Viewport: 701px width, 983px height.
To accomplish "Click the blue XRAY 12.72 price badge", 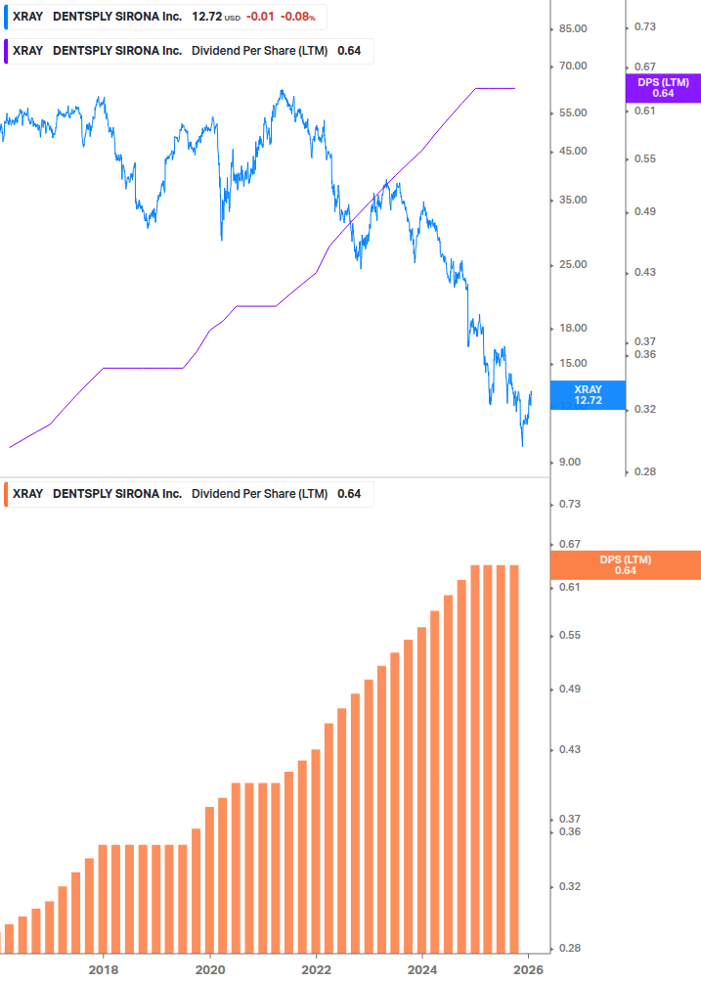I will [588, 395].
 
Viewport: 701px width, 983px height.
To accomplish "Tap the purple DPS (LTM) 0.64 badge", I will [662, 88].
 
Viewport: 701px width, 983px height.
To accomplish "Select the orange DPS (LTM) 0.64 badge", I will [625, 565].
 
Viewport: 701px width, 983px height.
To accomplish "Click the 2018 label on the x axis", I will [104, 970].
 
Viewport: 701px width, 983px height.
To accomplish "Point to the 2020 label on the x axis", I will [210, 970].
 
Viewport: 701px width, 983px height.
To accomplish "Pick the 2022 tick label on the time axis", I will [316, 970].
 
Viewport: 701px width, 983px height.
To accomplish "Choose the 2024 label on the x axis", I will [422, 970].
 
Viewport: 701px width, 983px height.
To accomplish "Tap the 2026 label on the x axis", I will [528, 970].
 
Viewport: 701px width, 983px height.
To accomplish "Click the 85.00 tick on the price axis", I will [572, 29].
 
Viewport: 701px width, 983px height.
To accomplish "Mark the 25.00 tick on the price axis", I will [572, 265].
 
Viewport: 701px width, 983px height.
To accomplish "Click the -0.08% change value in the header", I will [299, 17].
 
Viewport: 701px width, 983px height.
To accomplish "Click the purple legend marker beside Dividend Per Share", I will [6, 51].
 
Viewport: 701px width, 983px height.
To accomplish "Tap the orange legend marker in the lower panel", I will [6, 494].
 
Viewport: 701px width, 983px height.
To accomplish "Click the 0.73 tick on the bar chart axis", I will [568, 505].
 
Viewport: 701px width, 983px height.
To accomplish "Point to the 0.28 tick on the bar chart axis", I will [568, 949].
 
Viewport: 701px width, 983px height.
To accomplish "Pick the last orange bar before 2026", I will [512, 758].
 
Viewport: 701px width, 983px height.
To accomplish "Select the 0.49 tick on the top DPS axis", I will [644, 212].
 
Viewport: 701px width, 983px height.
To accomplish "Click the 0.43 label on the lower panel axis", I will [568, 750].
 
